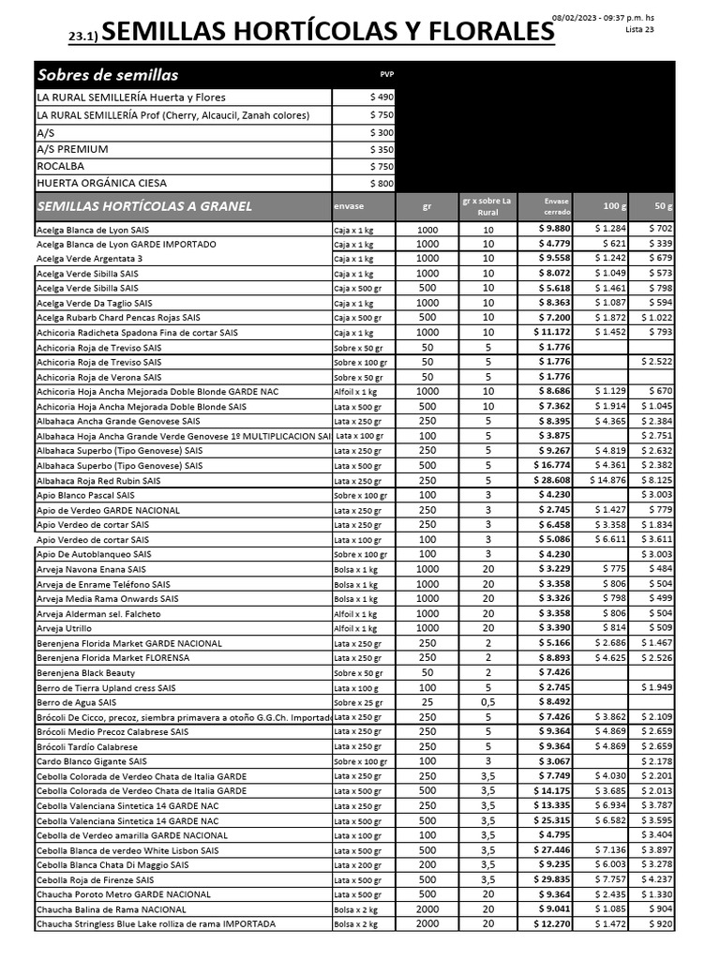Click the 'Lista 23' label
click(639, 30)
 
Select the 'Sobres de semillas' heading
click(107, 75)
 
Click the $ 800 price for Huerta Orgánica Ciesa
click(382, 184)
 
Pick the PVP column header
click(387, 73)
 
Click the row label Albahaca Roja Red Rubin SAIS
click(98, 480)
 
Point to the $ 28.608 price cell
click(551, 480)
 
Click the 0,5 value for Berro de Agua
click(487, 702)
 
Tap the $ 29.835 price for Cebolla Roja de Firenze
click(551, 879)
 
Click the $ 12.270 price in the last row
click(551, 923)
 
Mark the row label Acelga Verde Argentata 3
click(89, 259)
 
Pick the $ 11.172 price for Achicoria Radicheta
click(551, 332)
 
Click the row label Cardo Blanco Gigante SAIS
click(91, 761)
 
